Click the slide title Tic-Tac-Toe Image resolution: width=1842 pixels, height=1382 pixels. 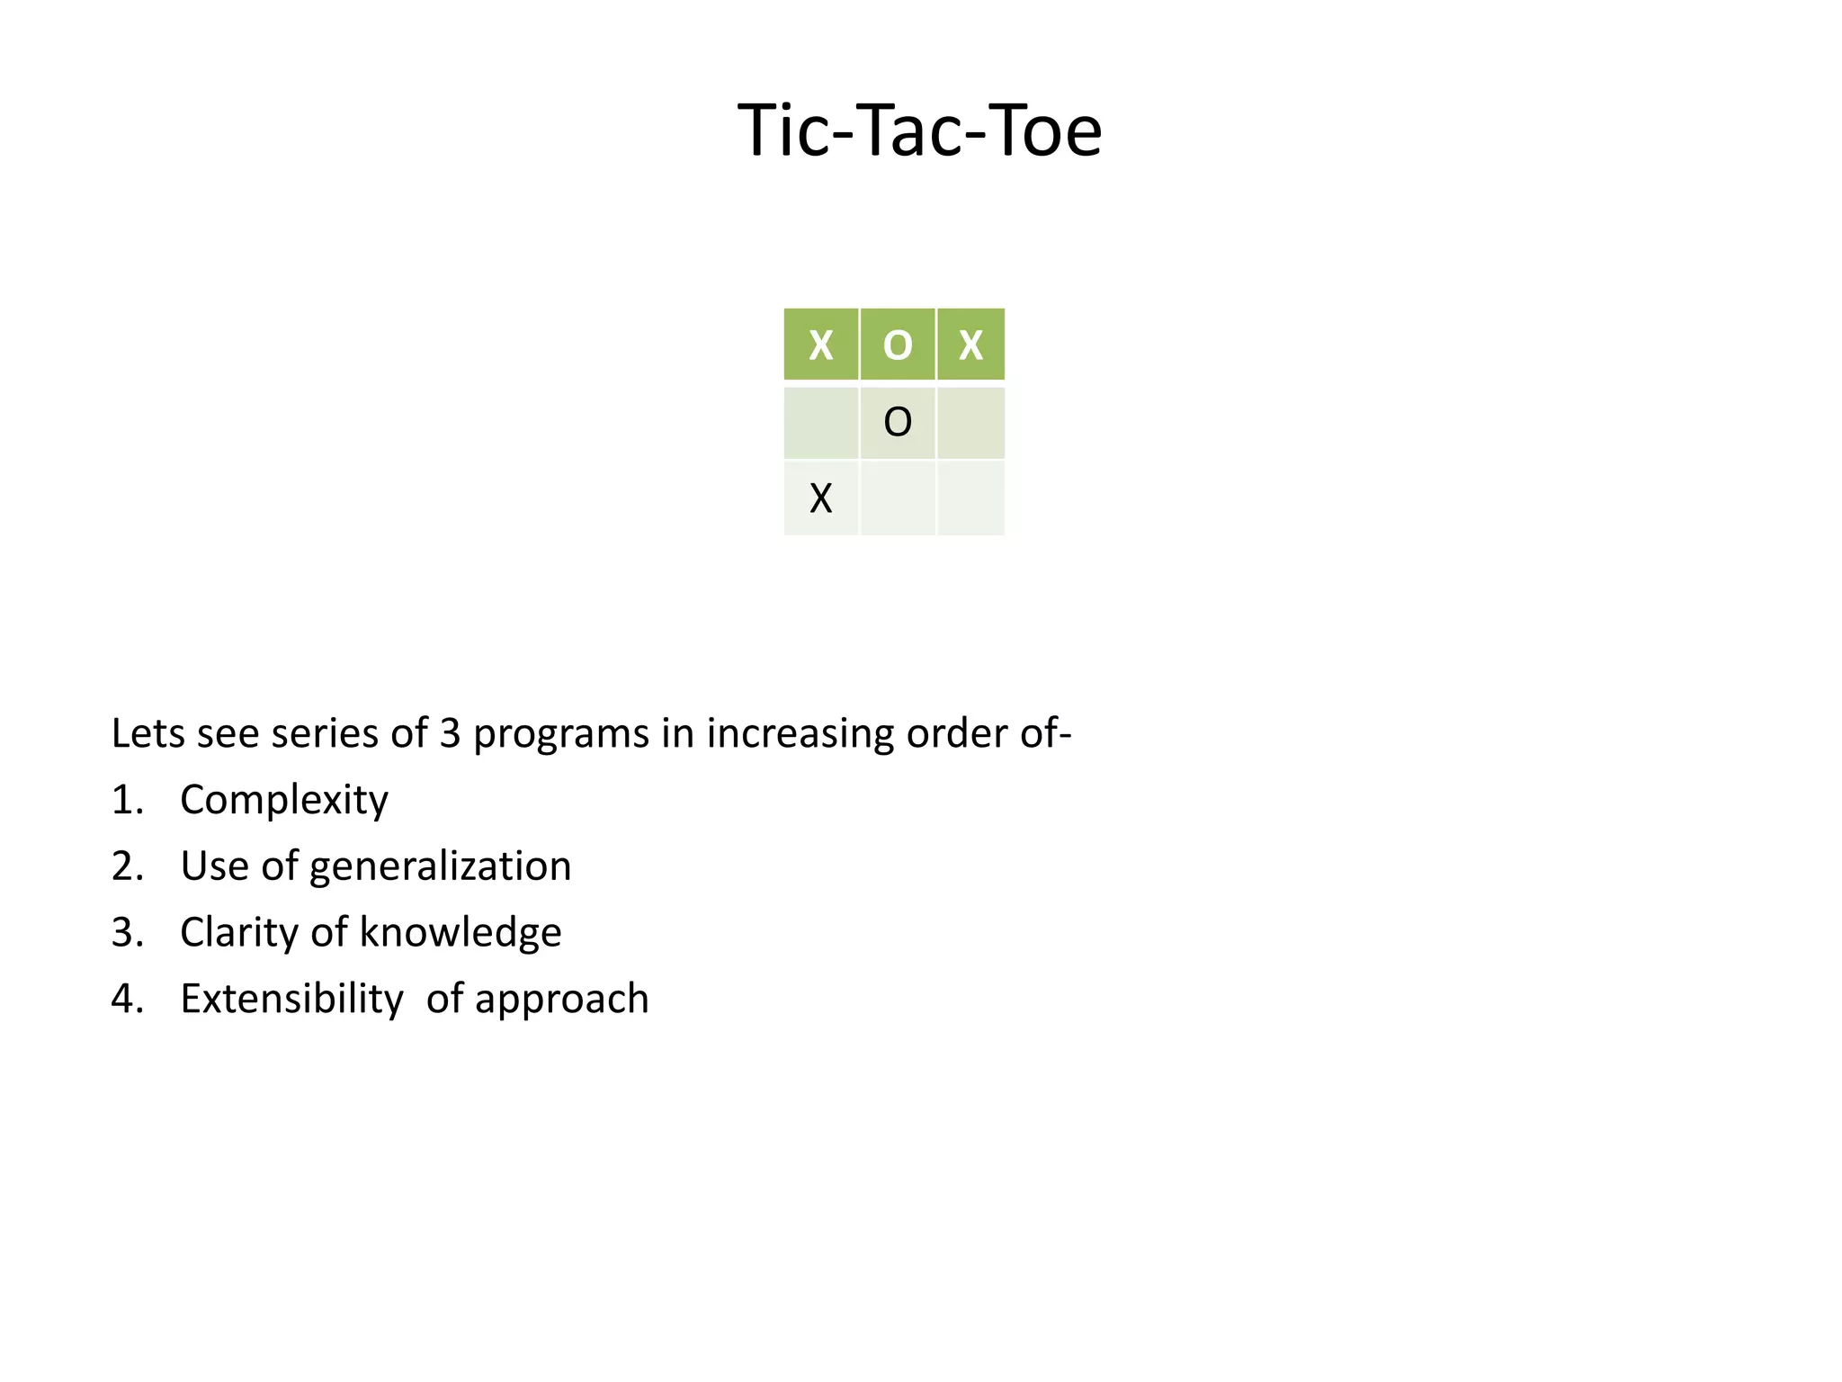coord(919,130)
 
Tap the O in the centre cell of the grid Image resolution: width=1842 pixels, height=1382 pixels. coord(898,422)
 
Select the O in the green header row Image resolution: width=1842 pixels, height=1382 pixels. coord(898,345)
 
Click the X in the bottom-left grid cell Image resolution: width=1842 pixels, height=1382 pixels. coord(820,498)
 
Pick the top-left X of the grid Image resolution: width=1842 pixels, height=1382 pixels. coord(820,345)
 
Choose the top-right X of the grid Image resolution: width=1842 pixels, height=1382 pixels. coord(970,345)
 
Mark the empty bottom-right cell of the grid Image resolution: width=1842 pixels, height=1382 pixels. coord(970,498)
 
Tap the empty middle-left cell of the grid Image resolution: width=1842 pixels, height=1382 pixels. coord(820,422)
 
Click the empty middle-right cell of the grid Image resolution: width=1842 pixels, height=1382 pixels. coord(970,422)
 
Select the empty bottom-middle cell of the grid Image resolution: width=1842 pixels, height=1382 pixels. coord(898,498)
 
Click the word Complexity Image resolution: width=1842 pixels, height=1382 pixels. coord(284,800)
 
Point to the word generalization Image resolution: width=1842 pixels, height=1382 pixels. coord(440,866)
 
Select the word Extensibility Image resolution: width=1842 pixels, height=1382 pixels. coord(291,999)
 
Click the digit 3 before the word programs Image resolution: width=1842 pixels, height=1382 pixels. coord(450,733)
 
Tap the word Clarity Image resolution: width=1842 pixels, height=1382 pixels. coord(239,933)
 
